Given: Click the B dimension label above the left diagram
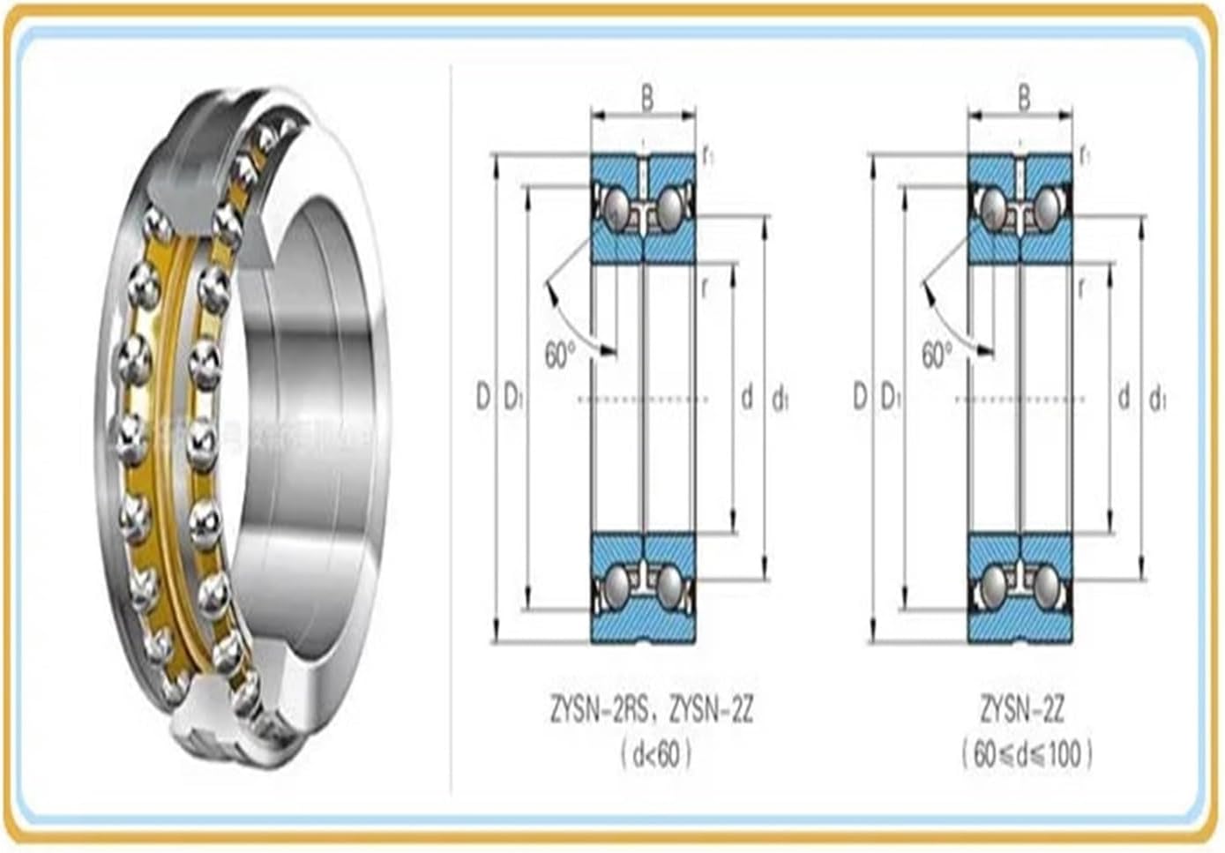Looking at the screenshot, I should click(646, 98).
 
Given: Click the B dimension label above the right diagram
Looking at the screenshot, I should click(1023, 98).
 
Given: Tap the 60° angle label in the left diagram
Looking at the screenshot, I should click(559, 355).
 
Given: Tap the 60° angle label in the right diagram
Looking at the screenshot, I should click(936, 355).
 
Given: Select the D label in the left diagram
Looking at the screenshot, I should click(482, 397).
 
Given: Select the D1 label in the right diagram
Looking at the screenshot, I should click(891, 398).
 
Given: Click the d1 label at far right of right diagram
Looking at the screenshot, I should click(1157, 400).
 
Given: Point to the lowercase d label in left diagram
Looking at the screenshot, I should click(747, 397).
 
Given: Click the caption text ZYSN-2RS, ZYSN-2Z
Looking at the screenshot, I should click(652, 709).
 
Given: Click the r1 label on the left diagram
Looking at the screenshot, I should click(707, 157).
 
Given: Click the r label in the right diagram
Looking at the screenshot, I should click(1081, 288).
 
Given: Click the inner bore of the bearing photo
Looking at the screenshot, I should click(317, 370).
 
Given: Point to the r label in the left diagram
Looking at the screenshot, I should click(705, 288).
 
